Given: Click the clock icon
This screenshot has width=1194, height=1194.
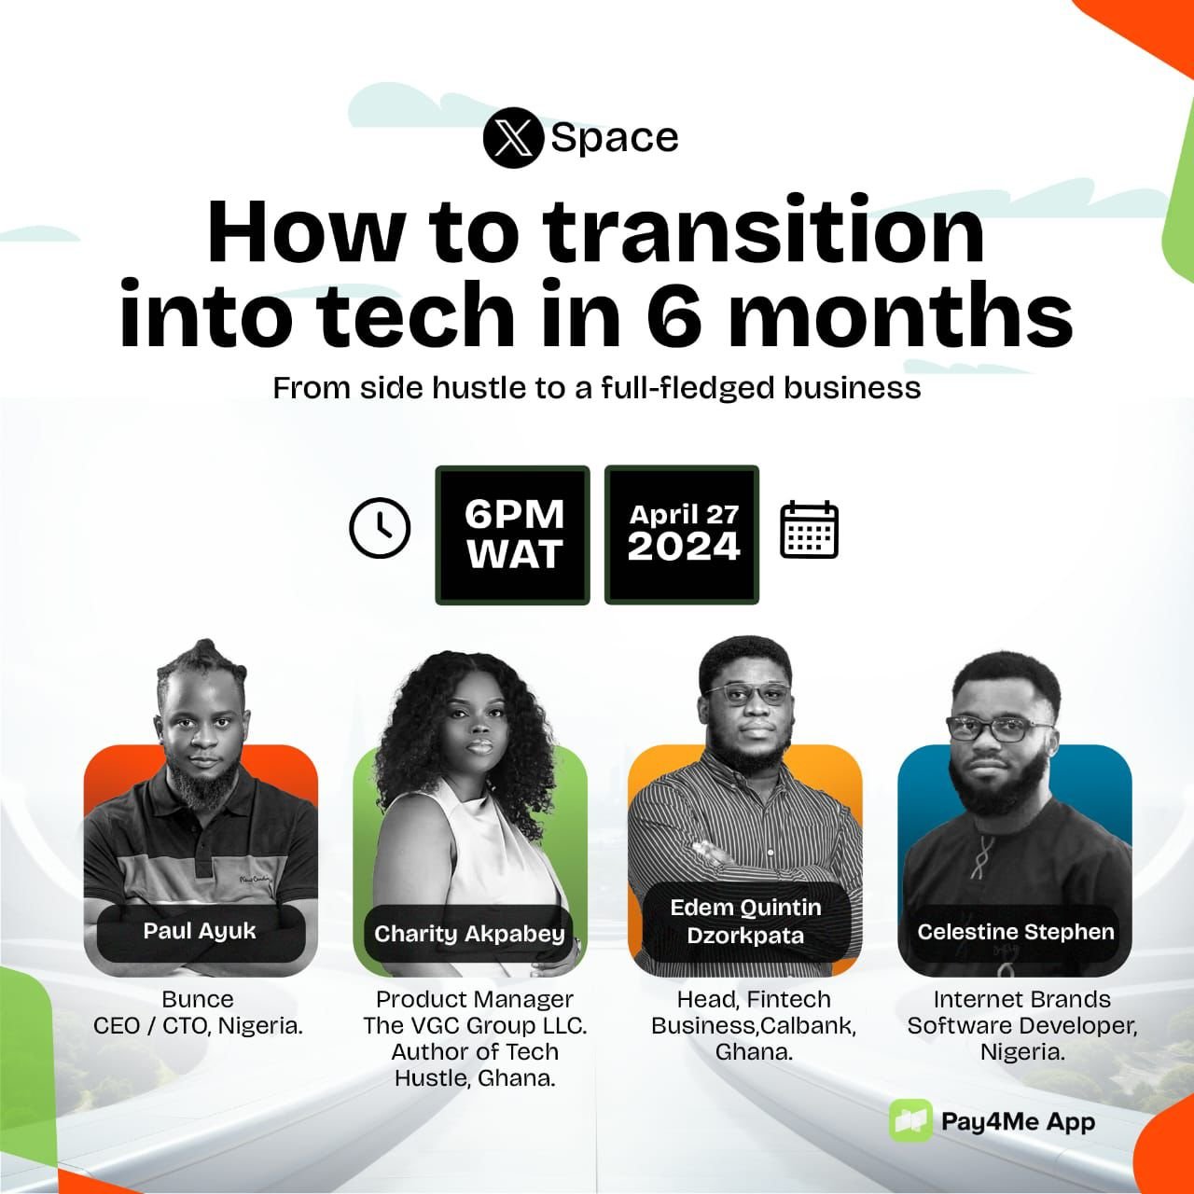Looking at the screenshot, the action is pyautogui.click(x=380, y=527).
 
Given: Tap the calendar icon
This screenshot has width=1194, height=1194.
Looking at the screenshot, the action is pyautogui.click(x=810, y=530).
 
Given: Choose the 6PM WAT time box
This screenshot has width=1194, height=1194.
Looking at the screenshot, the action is pyautogui.click(x=512, y=535).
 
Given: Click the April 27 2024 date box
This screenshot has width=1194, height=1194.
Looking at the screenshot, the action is pyautogui.click(x=682, y=535).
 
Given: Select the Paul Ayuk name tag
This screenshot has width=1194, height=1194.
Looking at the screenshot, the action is pyautogui.click(x=201, y=931).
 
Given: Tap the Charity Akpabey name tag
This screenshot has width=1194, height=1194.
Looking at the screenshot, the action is pyautogui.click(x=469, y=934).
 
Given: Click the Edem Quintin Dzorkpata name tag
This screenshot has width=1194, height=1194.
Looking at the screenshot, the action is pyautogui.click(x=745, y=922).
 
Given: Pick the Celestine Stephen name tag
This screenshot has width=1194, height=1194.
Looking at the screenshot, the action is pyautogui.click(x=1016, y=932).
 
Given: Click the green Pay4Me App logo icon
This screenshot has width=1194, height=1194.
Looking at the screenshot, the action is pyautogui.click(x=910, y=1121).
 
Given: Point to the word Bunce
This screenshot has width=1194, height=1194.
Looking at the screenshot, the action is pyautogui.click(x=198, y=999).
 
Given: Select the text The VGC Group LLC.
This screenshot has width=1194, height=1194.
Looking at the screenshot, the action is pyautogui.click(x=475, y=1026).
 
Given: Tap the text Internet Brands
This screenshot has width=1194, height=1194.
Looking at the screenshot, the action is pyautogui.click(x=1022, y=999).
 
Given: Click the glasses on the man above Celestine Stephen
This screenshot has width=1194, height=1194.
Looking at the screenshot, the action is pyautogui.click(x=998, y=729).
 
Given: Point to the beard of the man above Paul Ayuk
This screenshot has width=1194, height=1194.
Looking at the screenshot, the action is pyautogui.click(x=202, y=782).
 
